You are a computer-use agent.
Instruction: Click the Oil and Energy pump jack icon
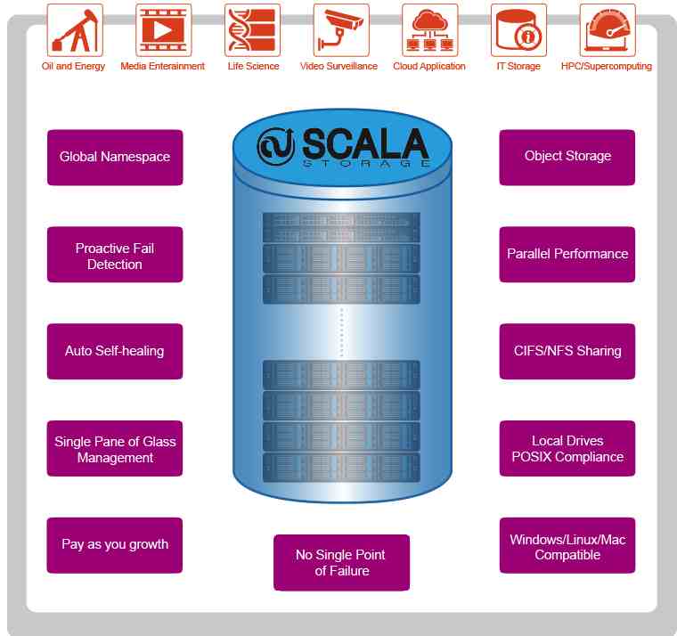point(75,30)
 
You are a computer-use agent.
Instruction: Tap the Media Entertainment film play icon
point(164,30)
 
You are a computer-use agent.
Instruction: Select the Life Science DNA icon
point(253,30)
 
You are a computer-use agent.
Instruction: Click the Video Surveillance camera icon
point(341,30)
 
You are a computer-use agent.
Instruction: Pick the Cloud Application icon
point(430,30)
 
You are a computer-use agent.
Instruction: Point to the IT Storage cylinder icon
point(519,30)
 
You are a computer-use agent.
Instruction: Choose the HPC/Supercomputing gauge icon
point(608,30)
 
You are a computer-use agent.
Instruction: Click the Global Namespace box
point(115,158)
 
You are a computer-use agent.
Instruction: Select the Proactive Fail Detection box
point(115,255)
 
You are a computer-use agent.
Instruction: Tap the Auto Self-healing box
point(115,352)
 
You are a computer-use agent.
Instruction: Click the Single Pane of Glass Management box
point(115,449)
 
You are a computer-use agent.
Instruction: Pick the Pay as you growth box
point(115,545)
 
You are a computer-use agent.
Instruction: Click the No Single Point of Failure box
point(341,563)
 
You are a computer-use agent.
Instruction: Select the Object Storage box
point(567,158)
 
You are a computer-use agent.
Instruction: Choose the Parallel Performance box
point(567,255)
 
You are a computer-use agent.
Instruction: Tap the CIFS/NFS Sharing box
point(567,352)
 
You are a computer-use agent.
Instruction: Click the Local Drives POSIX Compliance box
point(567,449)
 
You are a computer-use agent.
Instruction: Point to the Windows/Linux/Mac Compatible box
point(567,545)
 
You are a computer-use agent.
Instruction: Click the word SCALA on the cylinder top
point(365,143)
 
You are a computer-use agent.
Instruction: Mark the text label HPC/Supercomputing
point(607,66)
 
